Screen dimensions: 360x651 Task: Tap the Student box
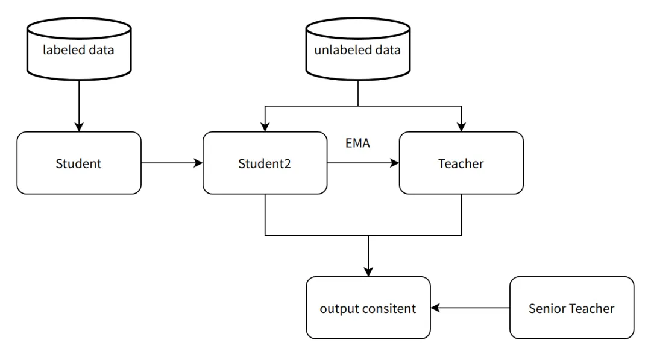tap(79, 163)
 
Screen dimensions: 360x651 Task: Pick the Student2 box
tap(265, 163)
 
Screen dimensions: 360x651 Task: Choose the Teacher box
tap(461, 163)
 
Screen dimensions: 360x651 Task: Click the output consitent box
tap(368, 308)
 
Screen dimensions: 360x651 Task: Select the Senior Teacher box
tap(571, 308)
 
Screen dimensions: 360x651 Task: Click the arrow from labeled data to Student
tap(79, 106)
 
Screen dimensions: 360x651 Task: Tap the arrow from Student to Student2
tap(172, 163)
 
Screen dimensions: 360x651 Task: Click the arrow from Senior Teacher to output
tap(470, 308)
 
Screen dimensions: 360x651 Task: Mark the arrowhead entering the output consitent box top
tap(368, 271)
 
